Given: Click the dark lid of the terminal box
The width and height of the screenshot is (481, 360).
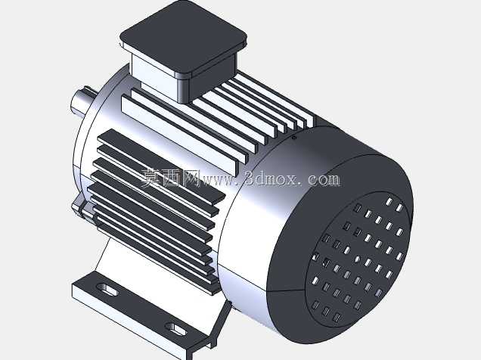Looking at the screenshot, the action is coord(184,37).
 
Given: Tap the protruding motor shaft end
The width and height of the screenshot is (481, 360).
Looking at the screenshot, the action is coord(82,101).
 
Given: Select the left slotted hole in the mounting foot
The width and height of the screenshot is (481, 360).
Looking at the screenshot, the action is coord(107,290).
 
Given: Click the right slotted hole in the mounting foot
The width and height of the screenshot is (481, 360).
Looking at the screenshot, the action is coord(175,329).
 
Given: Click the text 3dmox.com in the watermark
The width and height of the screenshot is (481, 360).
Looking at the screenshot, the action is coord(293,178).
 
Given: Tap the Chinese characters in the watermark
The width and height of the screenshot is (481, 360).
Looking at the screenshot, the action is coord(171,178).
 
